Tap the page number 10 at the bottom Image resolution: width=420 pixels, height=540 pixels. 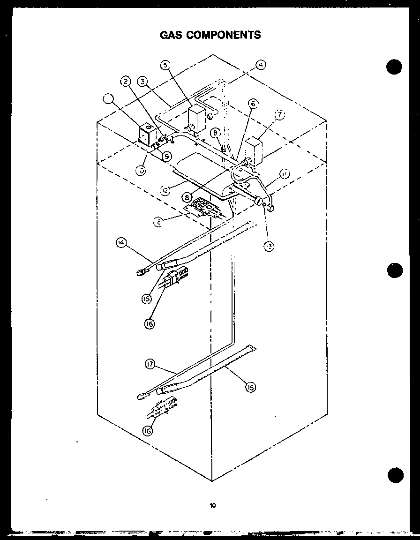[213, 505]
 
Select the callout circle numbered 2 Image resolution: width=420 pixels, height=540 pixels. [126, 82]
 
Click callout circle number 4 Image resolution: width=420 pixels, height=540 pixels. [261, 66]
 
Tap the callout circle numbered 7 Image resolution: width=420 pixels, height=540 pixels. [280, 115]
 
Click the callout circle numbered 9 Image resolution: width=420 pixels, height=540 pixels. [166, 156]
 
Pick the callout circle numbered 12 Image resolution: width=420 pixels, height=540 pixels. [165, 190]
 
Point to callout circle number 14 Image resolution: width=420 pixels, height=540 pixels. [121, 242]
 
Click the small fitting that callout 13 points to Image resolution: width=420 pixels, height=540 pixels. [265, 204]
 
